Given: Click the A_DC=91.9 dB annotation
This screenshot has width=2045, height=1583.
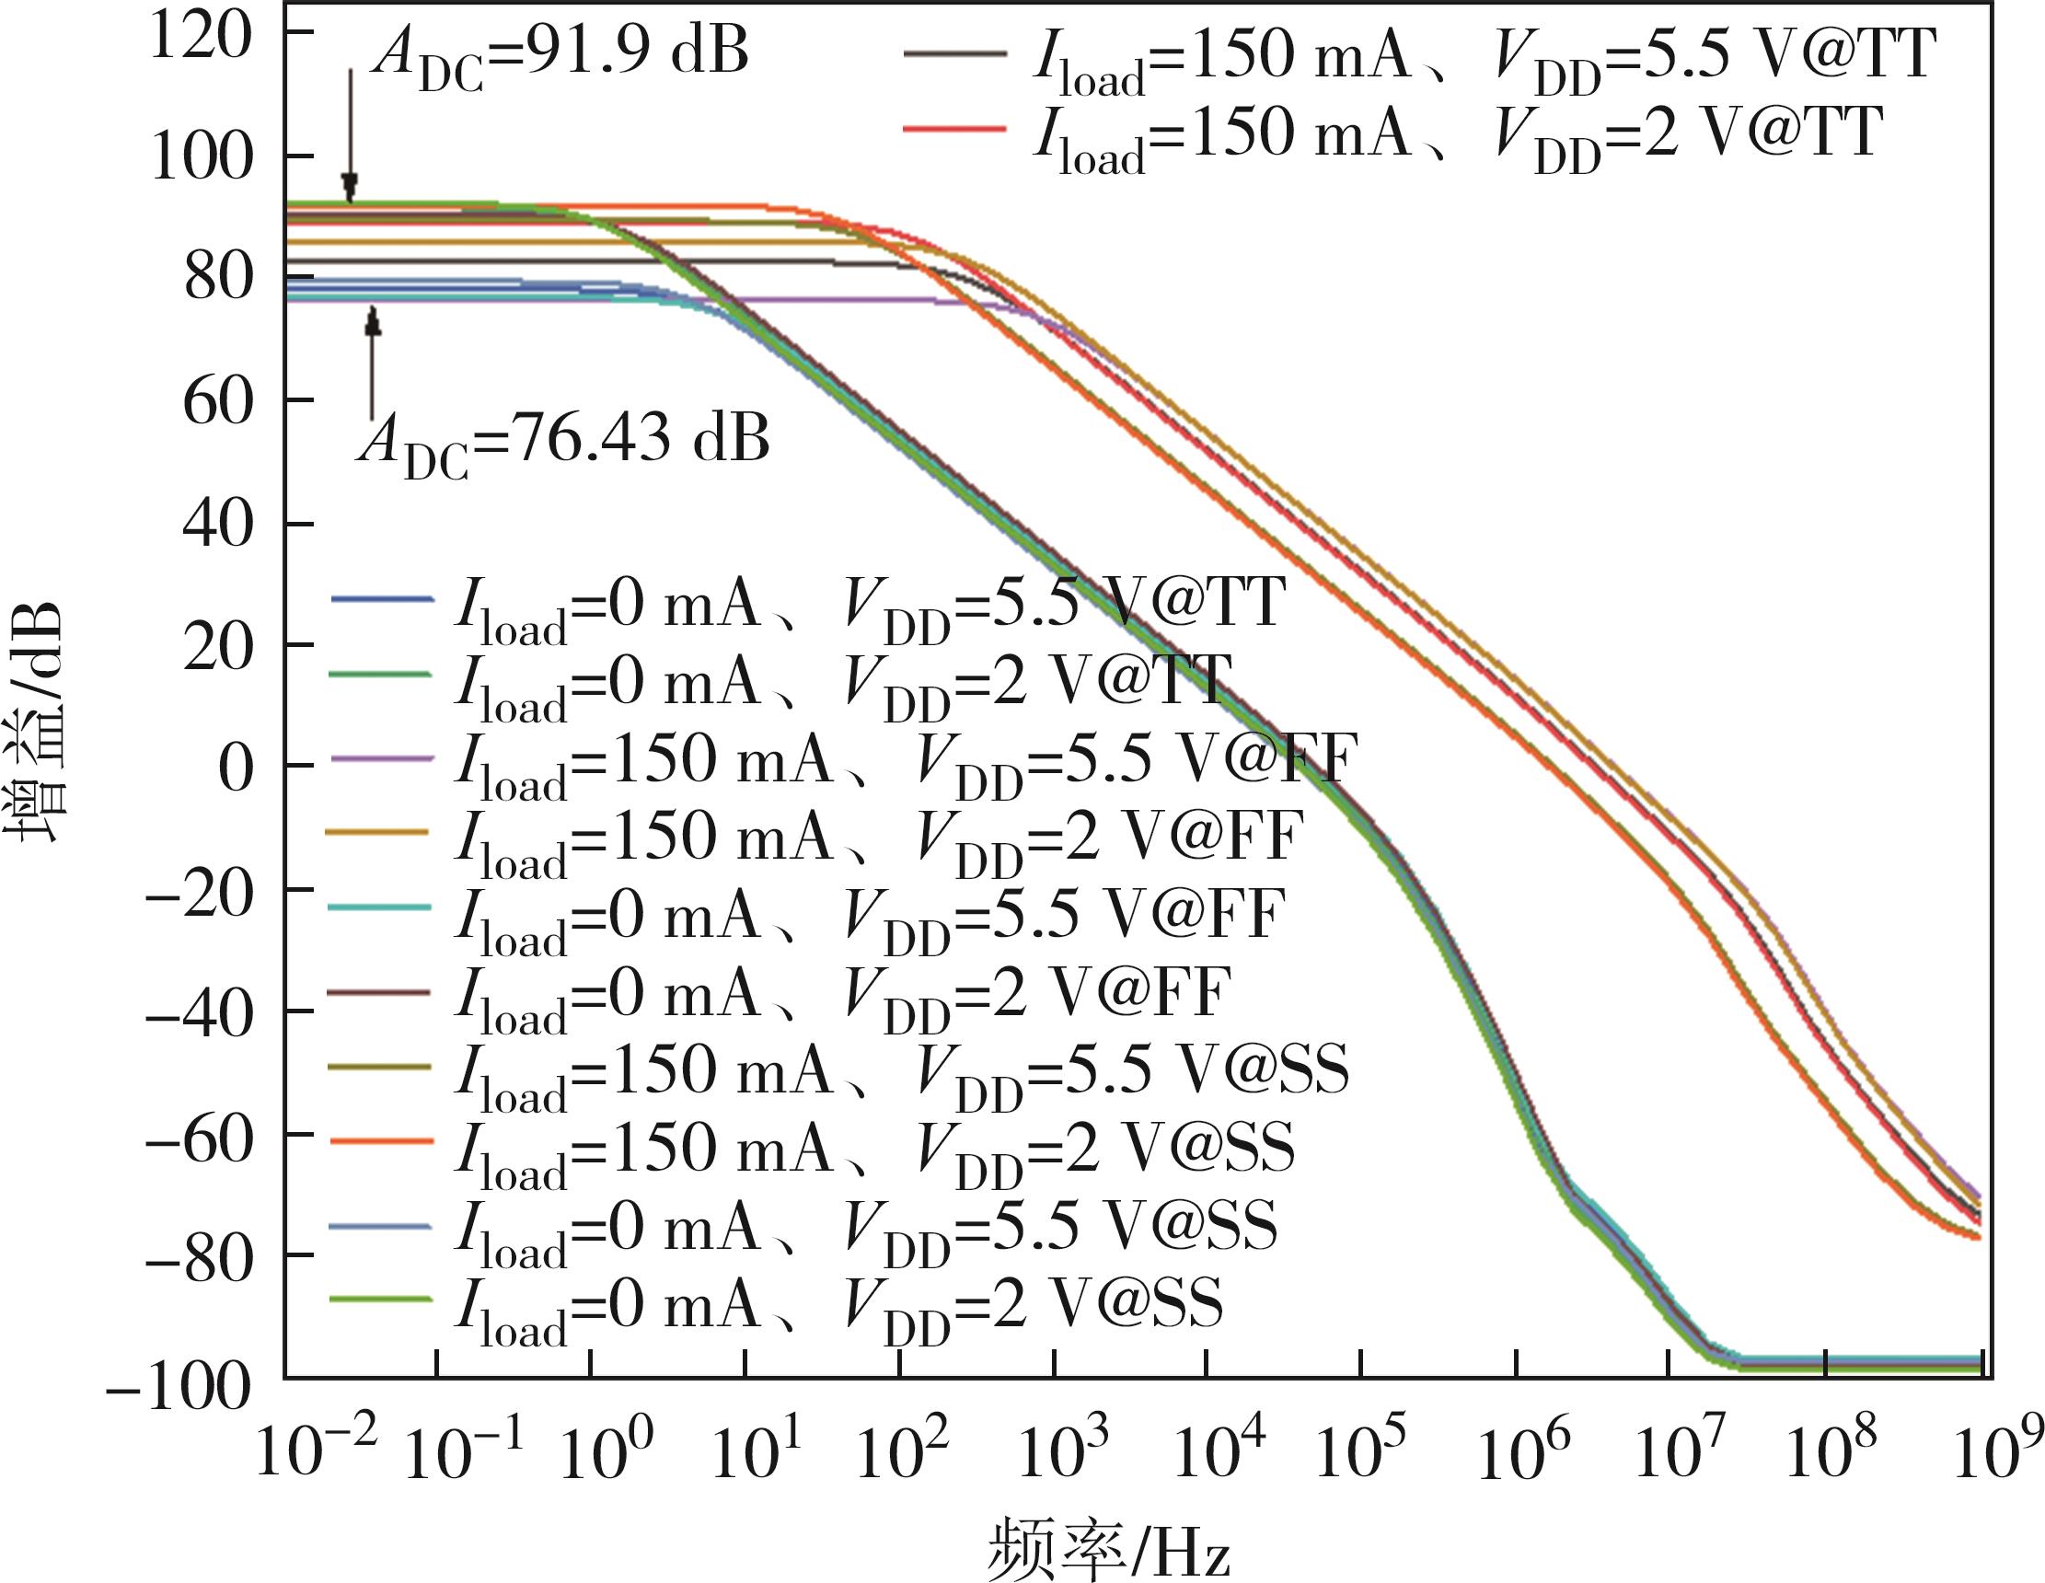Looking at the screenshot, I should tap(560, 54).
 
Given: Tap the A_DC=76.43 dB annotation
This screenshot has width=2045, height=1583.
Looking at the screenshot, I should tap(563, 441).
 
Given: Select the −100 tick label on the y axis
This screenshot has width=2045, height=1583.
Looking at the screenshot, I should tap(179, 1386).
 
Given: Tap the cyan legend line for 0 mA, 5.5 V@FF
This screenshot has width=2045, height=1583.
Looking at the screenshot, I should tap(380, 907).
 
